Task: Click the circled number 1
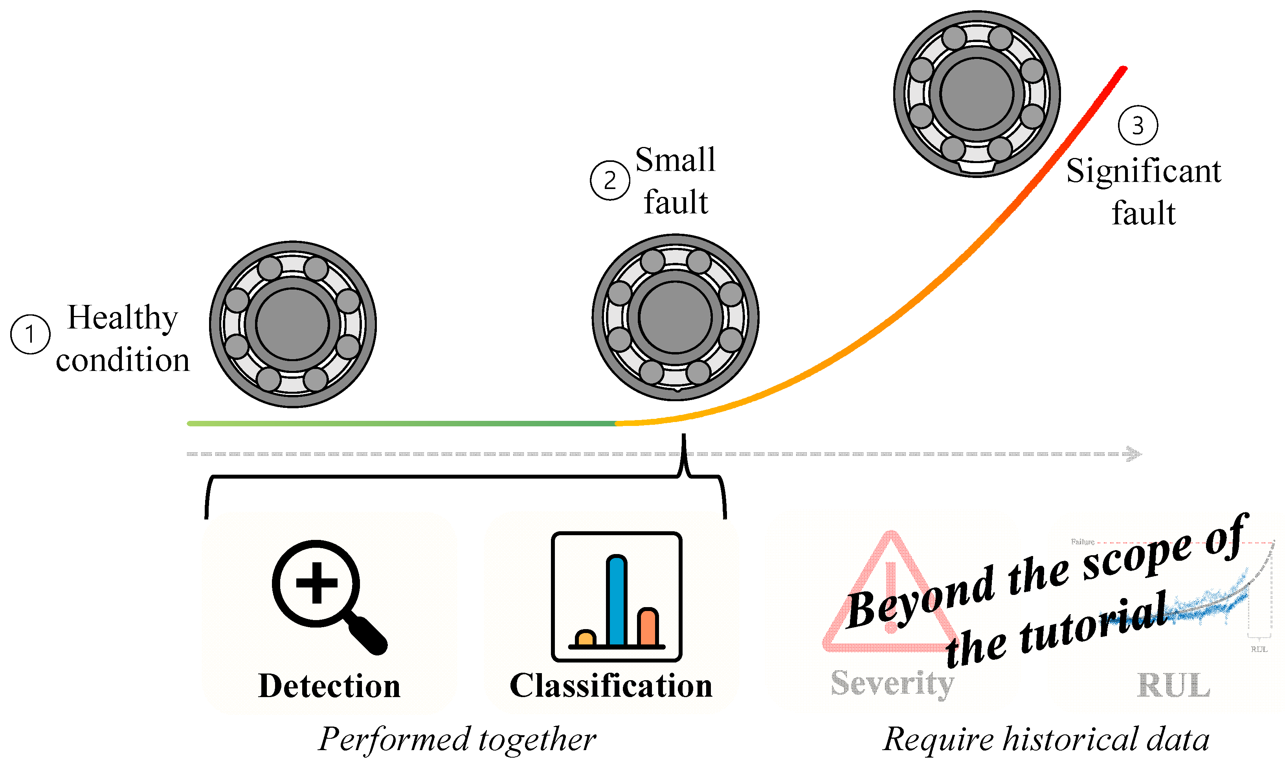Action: coord(30,334)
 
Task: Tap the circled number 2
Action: coord(610,180)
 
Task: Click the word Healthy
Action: coord(123,318)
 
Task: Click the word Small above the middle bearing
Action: coord(675,160)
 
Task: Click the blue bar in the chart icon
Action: coord(616,601)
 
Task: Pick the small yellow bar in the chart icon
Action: coord(585,639)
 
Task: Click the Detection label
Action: coord(329,686)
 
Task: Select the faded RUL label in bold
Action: coord(1173,686)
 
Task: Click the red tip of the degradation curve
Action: coord(1121,70)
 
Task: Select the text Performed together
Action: coord(457,740)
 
